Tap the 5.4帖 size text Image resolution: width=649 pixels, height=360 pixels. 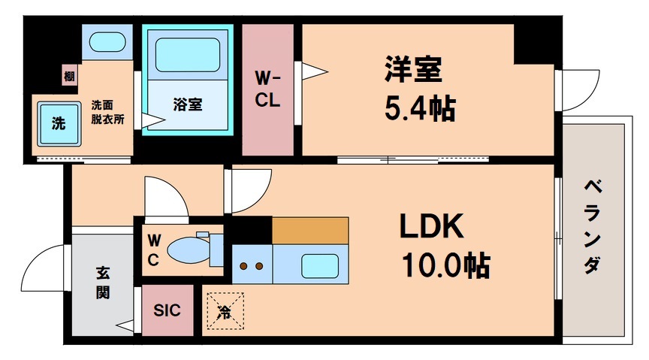pos(419,110)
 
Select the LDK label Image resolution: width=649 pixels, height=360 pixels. pos(430,226)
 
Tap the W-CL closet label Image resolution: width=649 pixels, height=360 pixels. pos(267,89)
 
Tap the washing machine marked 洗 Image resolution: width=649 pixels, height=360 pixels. pos(58,123)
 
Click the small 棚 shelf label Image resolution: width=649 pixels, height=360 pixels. pos(69,75)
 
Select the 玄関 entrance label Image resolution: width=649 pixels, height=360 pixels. pos(102,282)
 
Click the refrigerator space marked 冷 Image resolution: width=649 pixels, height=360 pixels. pos(225,310)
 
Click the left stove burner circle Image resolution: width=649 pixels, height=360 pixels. pos(244,266)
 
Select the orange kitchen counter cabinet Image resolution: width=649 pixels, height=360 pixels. pos(310,231)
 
